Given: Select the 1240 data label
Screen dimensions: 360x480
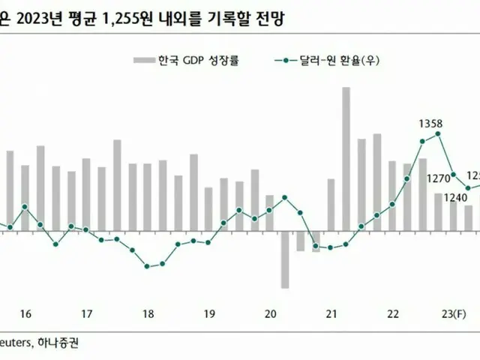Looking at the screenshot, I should click(454, 197).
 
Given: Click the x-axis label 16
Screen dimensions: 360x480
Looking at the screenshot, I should click(25, 314).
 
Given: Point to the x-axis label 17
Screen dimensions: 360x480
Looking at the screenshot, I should click(86, 314).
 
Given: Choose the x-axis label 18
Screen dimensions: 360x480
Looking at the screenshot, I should click(148, 314).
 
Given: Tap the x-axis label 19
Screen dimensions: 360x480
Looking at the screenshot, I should click(209, 314).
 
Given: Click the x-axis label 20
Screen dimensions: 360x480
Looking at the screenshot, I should click(271, 314).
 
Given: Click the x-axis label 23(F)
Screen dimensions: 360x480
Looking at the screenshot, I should click(453, 314).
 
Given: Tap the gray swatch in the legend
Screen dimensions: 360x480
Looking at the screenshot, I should click(142, 61).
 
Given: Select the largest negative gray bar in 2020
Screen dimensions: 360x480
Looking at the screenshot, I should click(285, 259).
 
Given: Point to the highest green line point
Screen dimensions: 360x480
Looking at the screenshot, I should click(439, 133).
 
